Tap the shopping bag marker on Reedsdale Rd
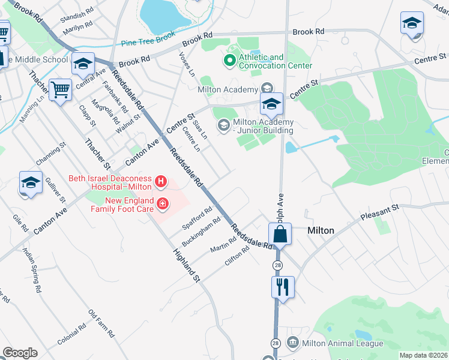[x=280, y=233]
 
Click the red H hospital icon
[x=160, y=181]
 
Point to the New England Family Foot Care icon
[x=162, y=205]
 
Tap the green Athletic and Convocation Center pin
[x=229, y=60]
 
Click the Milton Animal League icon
[x=293, y=343]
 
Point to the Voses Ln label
[x=187, y=64]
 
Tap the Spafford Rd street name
[x=197, y=220]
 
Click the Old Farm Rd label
[x=101, y=321]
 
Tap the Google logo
[x=20, y=353]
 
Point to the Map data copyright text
[x=424, y=355]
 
